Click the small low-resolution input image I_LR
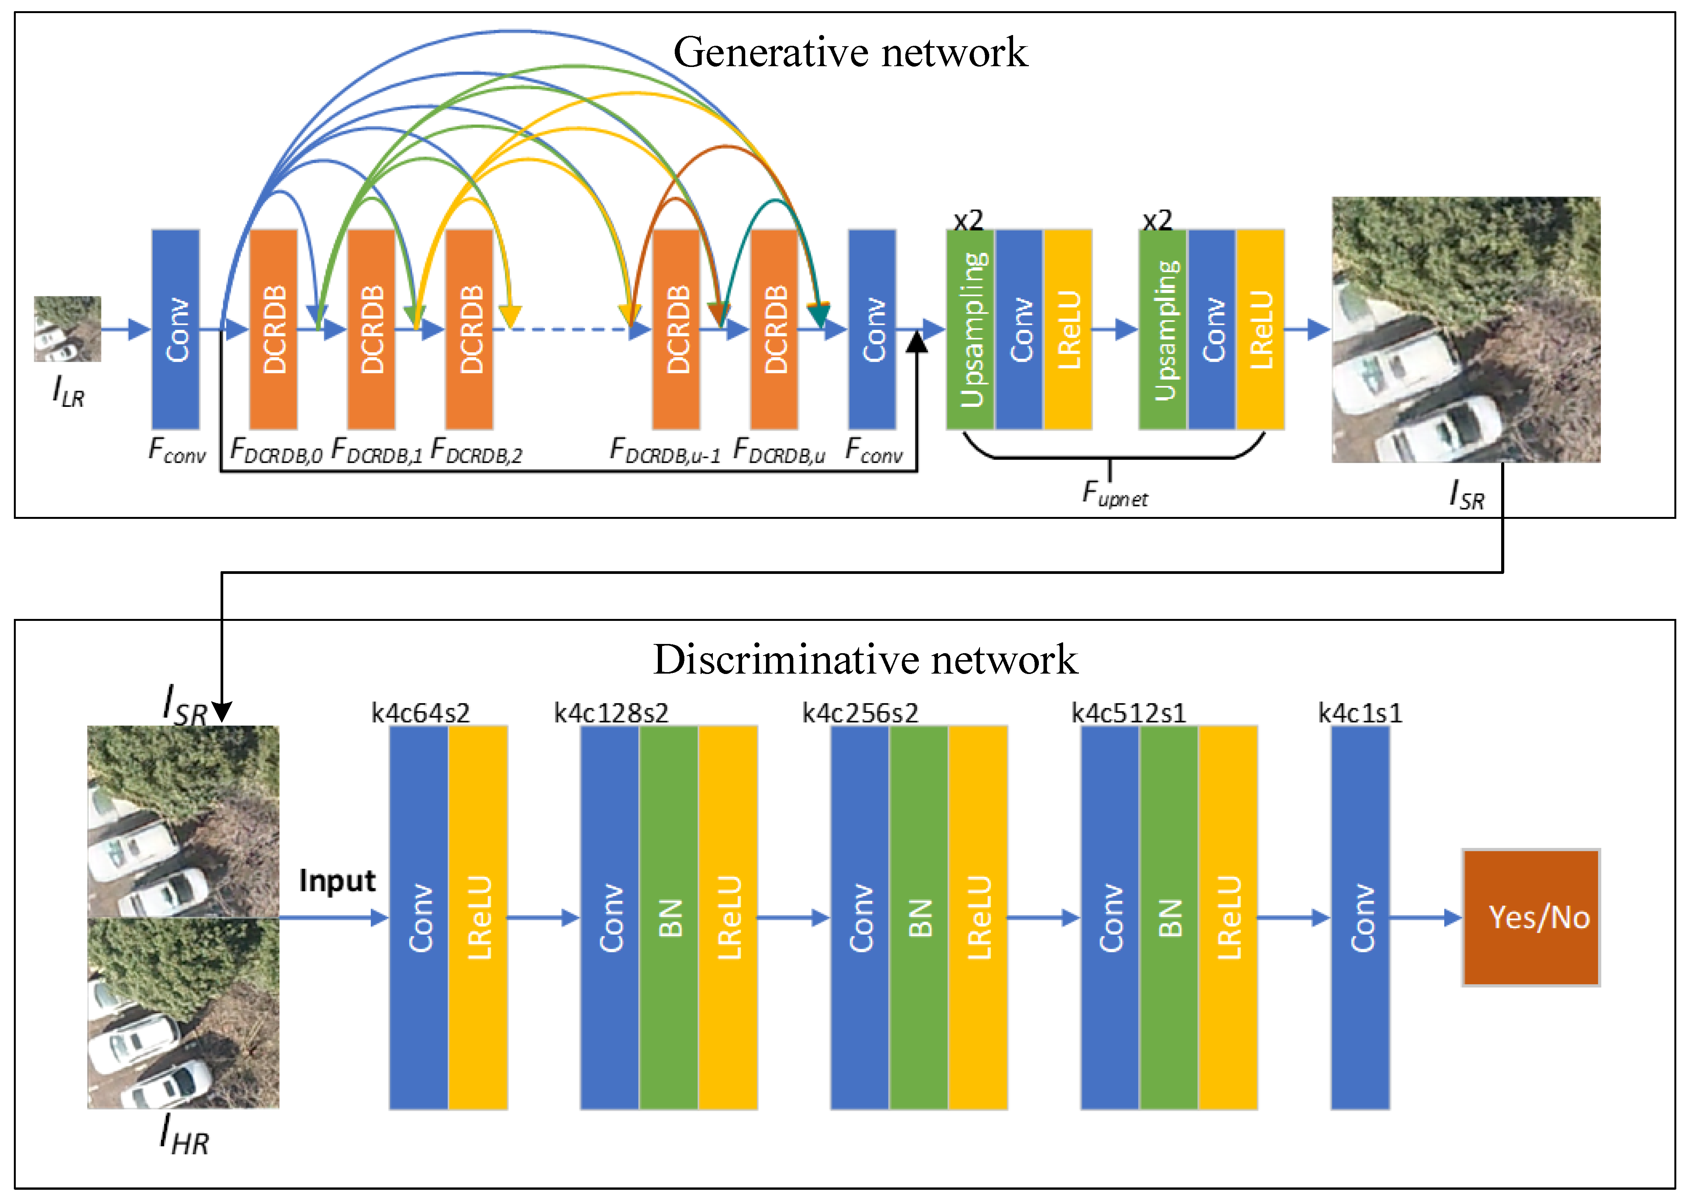tap(67, 329)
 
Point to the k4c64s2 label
tap(420, 713)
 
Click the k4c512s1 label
tap(1129, 713)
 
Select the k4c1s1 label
tap(1360, 713)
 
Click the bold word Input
tap(337, 881)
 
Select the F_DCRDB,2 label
tap(477, 451)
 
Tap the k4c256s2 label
tap(860, 713)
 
